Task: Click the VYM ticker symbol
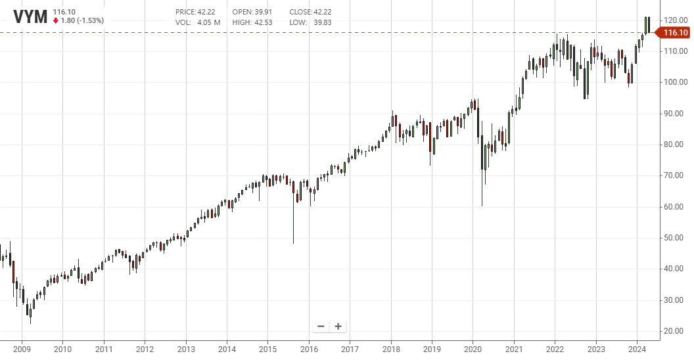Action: (31, 16)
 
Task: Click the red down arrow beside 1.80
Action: (56, 20)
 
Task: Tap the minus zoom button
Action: (321, 326)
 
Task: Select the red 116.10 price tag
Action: (675, 33)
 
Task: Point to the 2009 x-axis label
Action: (22, 348)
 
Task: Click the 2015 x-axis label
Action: (267, 348)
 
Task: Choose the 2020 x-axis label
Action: (473, 348)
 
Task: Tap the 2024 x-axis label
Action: (637, 348)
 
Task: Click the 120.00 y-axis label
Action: (675, 20)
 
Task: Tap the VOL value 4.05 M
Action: (209, 22)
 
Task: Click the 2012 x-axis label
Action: (145, 348)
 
